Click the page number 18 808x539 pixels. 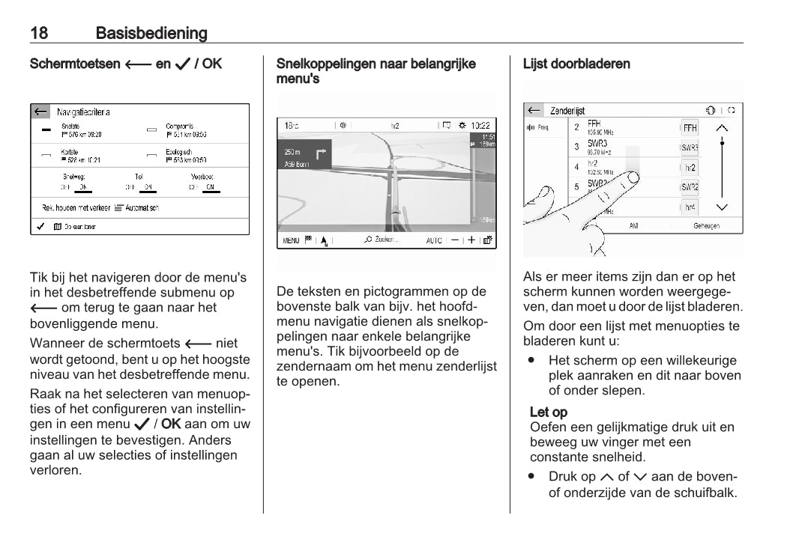39,33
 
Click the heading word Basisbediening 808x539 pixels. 151,33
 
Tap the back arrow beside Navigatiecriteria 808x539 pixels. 40,112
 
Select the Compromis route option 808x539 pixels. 180,127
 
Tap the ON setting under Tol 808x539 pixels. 148,186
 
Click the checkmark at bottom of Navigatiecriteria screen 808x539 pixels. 40,226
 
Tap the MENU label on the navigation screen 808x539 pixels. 291,240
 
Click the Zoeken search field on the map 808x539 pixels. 382,240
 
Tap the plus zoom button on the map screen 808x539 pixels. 471,240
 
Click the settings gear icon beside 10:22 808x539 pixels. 462,126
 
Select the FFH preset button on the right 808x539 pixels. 690,128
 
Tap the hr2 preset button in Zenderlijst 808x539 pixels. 690,168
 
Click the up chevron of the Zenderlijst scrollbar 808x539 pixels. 722,127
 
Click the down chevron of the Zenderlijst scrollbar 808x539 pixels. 722,207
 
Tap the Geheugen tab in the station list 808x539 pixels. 706,225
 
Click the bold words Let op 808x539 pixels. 549,412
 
